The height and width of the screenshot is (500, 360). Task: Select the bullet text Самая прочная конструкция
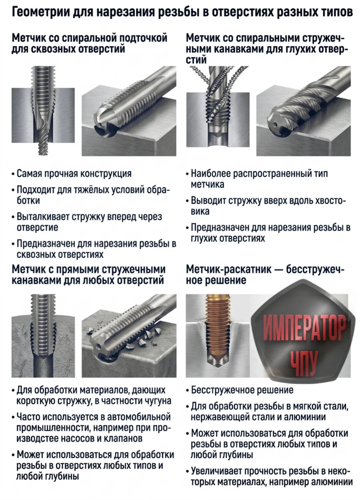coord(74,174)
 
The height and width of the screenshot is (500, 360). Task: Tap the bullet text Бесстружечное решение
coord(242,390)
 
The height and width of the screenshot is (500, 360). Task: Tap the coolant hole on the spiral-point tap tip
coord(100,124)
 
